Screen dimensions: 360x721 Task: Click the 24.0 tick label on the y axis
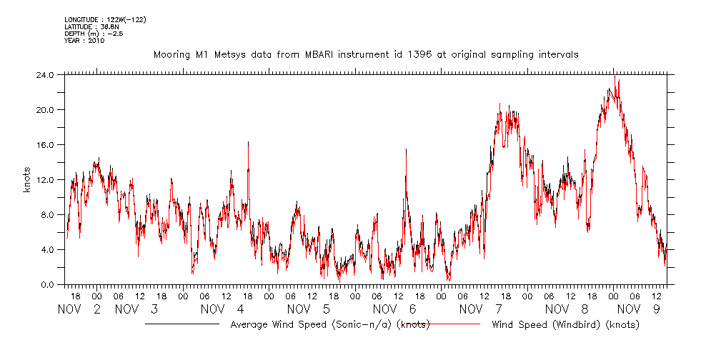pyautogui.click(x=44, y=74)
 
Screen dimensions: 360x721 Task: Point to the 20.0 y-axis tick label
pyautogui.click(x=44, y=109)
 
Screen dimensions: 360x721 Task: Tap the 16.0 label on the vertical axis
pyautogui.click(x=44, y=144)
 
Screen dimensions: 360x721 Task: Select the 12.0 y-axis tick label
pyautogui.click(x=44, y=179)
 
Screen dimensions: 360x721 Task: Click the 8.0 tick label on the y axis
pyautogui.click(x=46, y=214)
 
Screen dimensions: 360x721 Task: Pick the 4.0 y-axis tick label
pyautogui.click(x=46, y=249)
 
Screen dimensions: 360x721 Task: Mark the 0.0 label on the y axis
pyautogui.click(x=46, y=284)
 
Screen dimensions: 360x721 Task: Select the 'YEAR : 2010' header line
pyautogui.click(x=84, y=41)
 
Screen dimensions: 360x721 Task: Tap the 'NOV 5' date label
pyautogui.click(x=308, y=309)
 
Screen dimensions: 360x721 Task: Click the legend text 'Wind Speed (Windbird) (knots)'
pyautogui.click(x=565, y=324)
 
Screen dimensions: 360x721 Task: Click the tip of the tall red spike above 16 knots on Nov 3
pyautogui.click(x=248, y=141)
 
